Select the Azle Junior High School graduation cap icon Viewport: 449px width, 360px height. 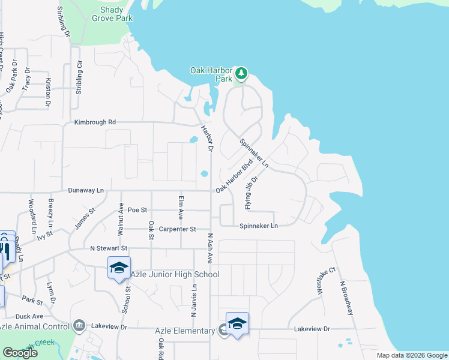point(119,267)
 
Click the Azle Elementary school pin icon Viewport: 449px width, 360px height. point(238,323)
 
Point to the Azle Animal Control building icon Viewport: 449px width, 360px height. point(79,326)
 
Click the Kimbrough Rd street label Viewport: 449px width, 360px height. point(95,122)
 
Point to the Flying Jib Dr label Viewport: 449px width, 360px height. point(251,192)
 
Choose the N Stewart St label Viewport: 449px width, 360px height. point(109,248)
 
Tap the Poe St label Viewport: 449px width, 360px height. point(137,210)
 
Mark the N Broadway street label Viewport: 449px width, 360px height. point(347,298)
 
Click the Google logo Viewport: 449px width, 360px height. point(20,353)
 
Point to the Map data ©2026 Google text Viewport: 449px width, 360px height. point(411,355)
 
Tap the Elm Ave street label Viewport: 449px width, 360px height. point(180,205)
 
